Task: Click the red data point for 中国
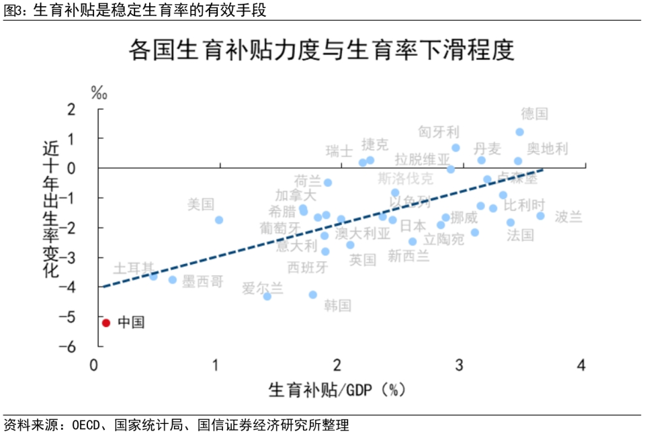pos(105,322)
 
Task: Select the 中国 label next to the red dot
pos(131,322)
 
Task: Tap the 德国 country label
pos(535,114)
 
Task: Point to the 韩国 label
pos(338,306)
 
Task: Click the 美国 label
pos(201,204)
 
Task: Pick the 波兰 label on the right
pos(568,217)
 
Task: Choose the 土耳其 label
pos(133,268)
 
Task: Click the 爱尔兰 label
pos(263,289)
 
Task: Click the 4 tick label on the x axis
pos(581,365)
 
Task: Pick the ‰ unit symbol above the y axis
pos(99,93)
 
